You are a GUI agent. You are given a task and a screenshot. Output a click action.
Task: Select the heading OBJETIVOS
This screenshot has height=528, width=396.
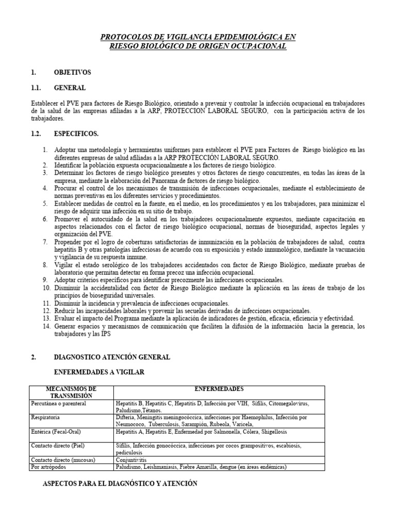pos(72,72)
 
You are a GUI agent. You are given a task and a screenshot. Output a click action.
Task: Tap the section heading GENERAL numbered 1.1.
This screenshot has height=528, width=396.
pos(70,88)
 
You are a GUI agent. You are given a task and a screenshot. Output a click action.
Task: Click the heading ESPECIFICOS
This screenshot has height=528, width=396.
pos(76,134)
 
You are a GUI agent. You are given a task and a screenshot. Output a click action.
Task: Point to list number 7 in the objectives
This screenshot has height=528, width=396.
pos(45,242)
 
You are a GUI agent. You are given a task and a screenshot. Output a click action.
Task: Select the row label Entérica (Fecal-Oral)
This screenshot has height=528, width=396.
pos(56,431)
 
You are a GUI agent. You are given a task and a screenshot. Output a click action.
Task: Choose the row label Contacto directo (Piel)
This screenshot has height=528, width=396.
pos(57,444)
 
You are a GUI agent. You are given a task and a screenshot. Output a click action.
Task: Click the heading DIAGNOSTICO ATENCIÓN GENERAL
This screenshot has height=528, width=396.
pos(112,357)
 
